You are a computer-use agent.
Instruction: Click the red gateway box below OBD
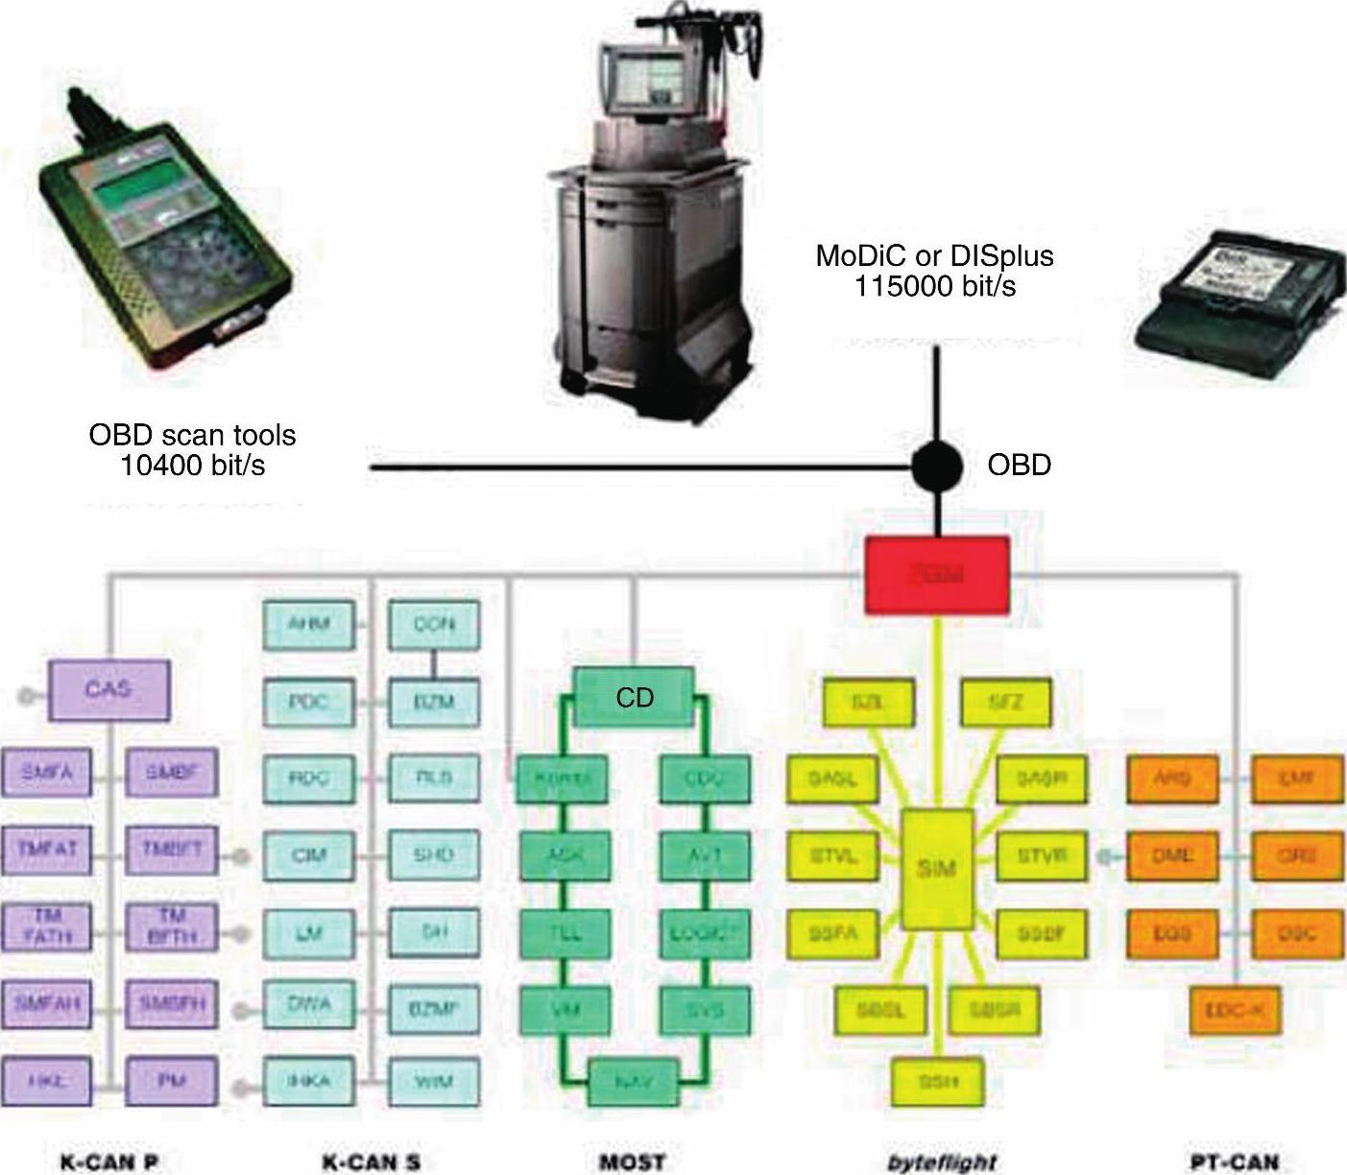click(x=936, y=575)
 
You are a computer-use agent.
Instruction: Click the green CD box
click(x=634, y=698)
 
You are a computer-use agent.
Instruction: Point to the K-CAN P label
click(x=109, y=1163)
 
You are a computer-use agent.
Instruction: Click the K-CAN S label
click(x=371, y=1163)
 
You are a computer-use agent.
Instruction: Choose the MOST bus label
click(x=632, y=1163)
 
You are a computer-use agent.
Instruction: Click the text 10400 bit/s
click(x=193, y=465)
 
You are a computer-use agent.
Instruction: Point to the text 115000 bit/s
click(x=935, y=286)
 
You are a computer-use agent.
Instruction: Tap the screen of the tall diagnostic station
click(x=635, y=77)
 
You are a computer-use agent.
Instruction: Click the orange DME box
click(x=1171, y=855)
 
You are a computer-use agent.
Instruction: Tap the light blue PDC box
click(x=308, y=702)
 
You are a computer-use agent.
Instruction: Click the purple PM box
click(x=172, y=1081)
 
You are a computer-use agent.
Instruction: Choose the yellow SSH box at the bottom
click(x=937, y=1081)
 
